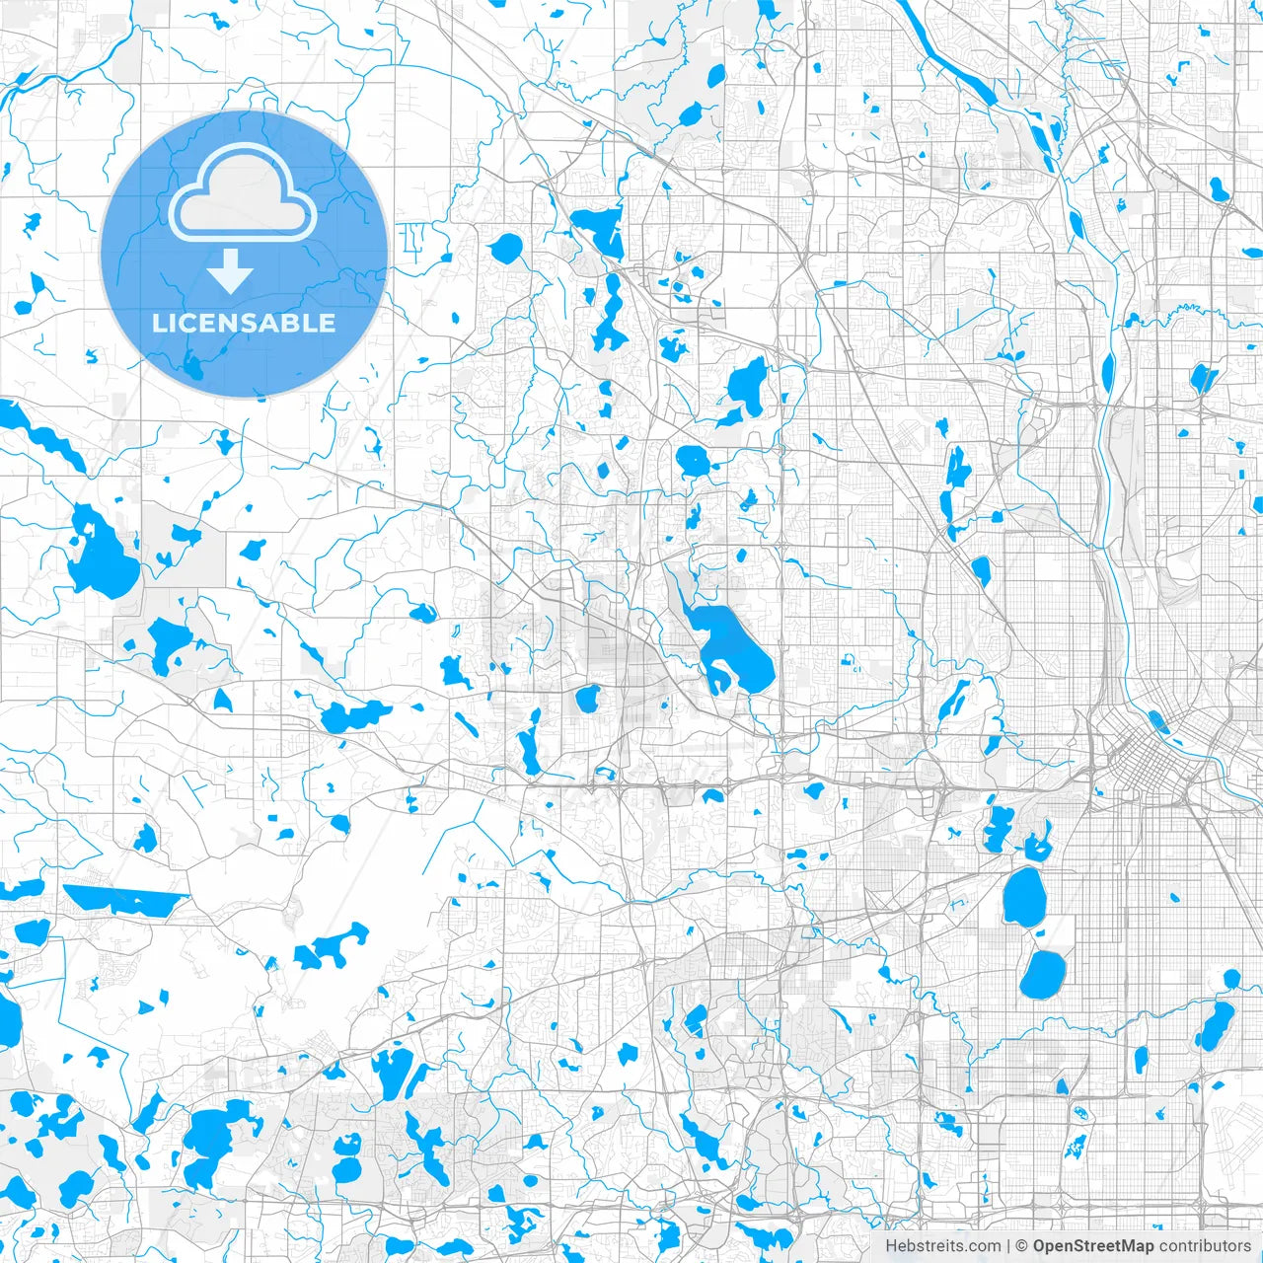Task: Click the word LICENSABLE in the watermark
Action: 244,323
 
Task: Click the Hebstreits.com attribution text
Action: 942,1246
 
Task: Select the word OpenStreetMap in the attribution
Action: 1092,1246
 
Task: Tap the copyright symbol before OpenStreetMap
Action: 1022,1246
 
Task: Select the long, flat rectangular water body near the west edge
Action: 123,898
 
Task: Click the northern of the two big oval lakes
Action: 1024,896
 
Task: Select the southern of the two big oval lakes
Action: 1042,974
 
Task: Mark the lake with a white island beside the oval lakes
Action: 1037,848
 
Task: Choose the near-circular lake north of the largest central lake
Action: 693,461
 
